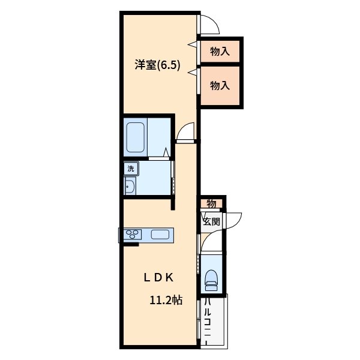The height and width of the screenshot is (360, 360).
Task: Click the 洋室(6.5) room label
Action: [x=158, y=65]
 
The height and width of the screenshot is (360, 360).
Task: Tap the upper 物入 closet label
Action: [x=220, y=52]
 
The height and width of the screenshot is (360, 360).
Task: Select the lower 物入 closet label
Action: [x=220, y=86]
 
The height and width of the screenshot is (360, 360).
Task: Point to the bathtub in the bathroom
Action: [x=136, y=137]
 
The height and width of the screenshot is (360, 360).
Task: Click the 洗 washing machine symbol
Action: [x=131, y=169]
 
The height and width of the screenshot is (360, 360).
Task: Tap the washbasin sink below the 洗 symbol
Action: [x=131, y=186]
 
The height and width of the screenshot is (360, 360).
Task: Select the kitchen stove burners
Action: [x=133, y=234]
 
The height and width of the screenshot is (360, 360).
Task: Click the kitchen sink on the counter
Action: [x=159, y=234]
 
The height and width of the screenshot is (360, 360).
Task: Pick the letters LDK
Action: [x=158, y=277]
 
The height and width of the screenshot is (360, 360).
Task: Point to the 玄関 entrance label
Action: [x=211, y=221]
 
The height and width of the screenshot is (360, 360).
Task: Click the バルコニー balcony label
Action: [x=207, y=321]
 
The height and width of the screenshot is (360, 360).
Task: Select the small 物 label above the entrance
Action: [x=211, y=203]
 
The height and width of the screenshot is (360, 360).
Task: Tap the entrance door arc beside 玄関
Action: [x=233, y=220]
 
